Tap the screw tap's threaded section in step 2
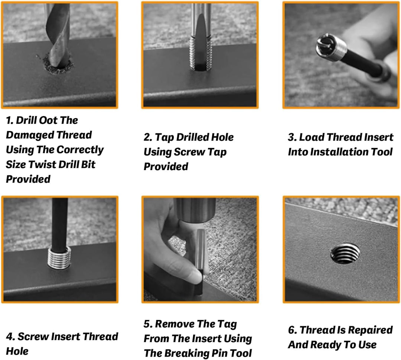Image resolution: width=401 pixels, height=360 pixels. point(201,52)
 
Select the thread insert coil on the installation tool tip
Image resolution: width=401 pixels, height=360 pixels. point(331,47)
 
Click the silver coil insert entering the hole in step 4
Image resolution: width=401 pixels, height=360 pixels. point(59,257)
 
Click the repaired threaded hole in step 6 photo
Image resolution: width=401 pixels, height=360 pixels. point(345,254)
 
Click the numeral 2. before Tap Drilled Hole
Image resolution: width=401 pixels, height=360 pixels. point(147,137)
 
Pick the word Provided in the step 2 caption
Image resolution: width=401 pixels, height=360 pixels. point(166,166)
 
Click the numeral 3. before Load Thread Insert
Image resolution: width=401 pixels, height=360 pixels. point(292,137)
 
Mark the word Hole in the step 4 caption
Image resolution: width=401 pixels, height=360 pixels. point(17,351)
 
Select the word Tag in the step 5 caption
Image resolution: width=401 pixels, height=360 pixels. point(227,324)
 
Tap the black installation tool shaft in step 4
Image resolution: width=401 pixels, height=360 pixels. point(59,223)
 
